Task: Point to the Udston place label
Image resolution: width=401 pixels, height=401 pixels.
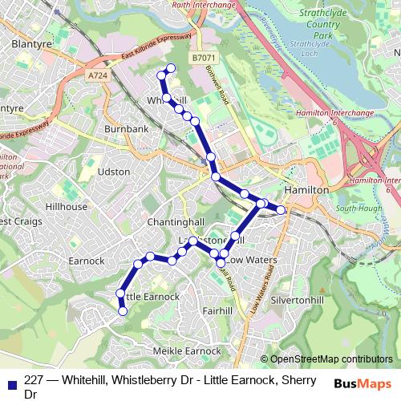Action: click(x=113, y=172)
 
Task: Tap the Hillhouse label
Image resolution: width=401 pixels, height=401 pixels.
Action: click(x=67, y=206)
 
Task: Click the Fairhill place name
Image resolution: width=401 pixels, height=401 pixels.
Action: click(x=217, y=310)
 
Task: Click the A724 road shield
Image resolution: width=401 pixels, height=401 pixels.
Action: click(x=98, y=75)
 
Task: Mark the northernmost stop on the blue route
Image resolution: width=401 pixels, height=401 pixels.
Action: click(x=170, y=67)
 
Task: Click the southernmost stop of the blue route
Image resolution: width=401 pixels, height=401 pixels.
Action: click(x=123, y=311)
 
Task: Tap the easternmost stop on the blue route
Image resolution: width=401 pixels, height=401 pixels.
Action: click(x=281, y=210)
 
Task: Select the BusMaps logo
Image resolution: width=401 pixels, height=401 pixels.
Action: click(x=363, y=383)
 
